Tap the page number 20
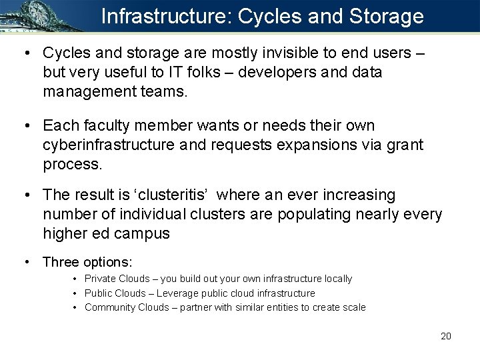pos(446,336)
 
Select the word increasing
pos(357,195)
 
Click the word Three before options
pos(61,262)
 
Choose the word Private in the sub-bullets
pos(99,279)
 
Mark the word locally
pos(337,279)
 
